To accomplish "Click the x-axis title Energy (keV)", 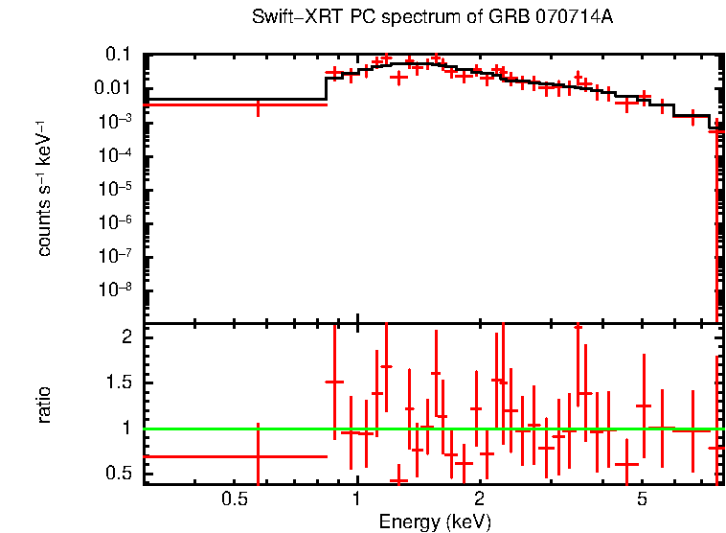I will click(x=435, y=521).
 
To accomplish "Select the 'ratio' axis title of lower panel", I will click(x=44, y=404).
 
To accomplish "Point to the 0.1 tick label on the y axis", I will click(x=118, y=55).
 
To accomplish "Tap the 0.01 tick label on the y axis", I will click(x=113, y=88).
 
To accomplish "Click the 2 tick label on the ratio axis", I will click(x=125, y=337).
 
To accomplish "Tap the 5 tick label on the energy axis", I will click(x=643, y=499).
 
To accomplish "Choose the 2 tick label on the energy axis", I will click(x=479, y=499).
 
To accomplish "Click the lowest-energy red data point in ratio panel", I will click(x=257, y=456).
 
